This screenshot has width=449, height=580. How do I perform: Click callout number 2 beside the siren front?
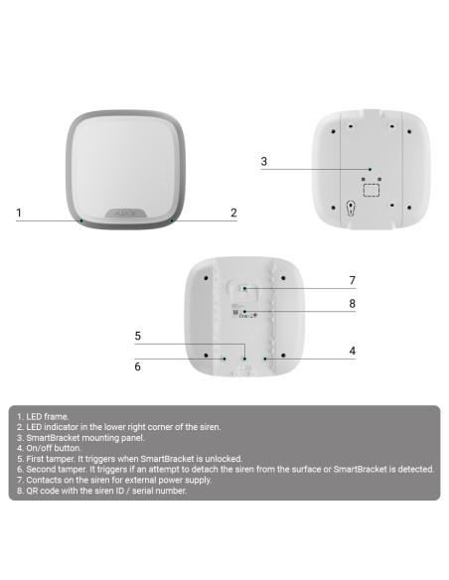pyautogui.click(x=233, y=213)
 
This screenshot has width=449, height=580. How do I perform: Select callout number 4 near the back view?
pyautogui.click(x=352, y=351)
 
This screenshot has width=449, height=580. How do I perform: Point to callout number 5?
pyautogui.click(x=138, y=336)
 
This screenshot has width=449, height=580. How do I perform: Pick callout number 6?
pyautogui.click(x=138, y=366)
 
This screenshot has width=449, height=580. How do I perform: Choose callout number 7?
pyautogui.click(x=352, y=280)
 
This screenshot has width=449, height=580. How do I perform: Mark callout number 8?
pyautogui.click(x=352, y=304)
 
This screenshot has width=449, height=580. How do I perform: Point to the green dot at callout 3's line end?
pyautogui.click(x=370, y=169)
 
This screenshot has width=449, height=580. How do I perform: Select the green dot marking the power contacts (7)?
pyautogui.click(x=246, y=288)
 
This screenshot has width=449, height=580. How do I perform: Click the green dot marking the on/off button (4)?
pyautogui.click(x=263, y=359)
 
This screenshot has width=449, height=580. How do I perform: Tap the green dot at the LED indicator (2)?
pyautogui.click(x=172, y=220)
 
